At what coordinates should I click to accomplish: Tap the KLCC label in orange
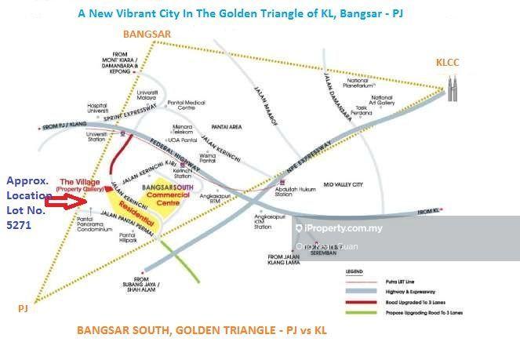click(451, 63)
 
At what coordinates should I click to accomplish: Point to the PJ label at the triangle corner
click(22, 310)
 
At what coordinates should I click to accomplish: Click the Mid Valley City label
click(340, 184)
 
